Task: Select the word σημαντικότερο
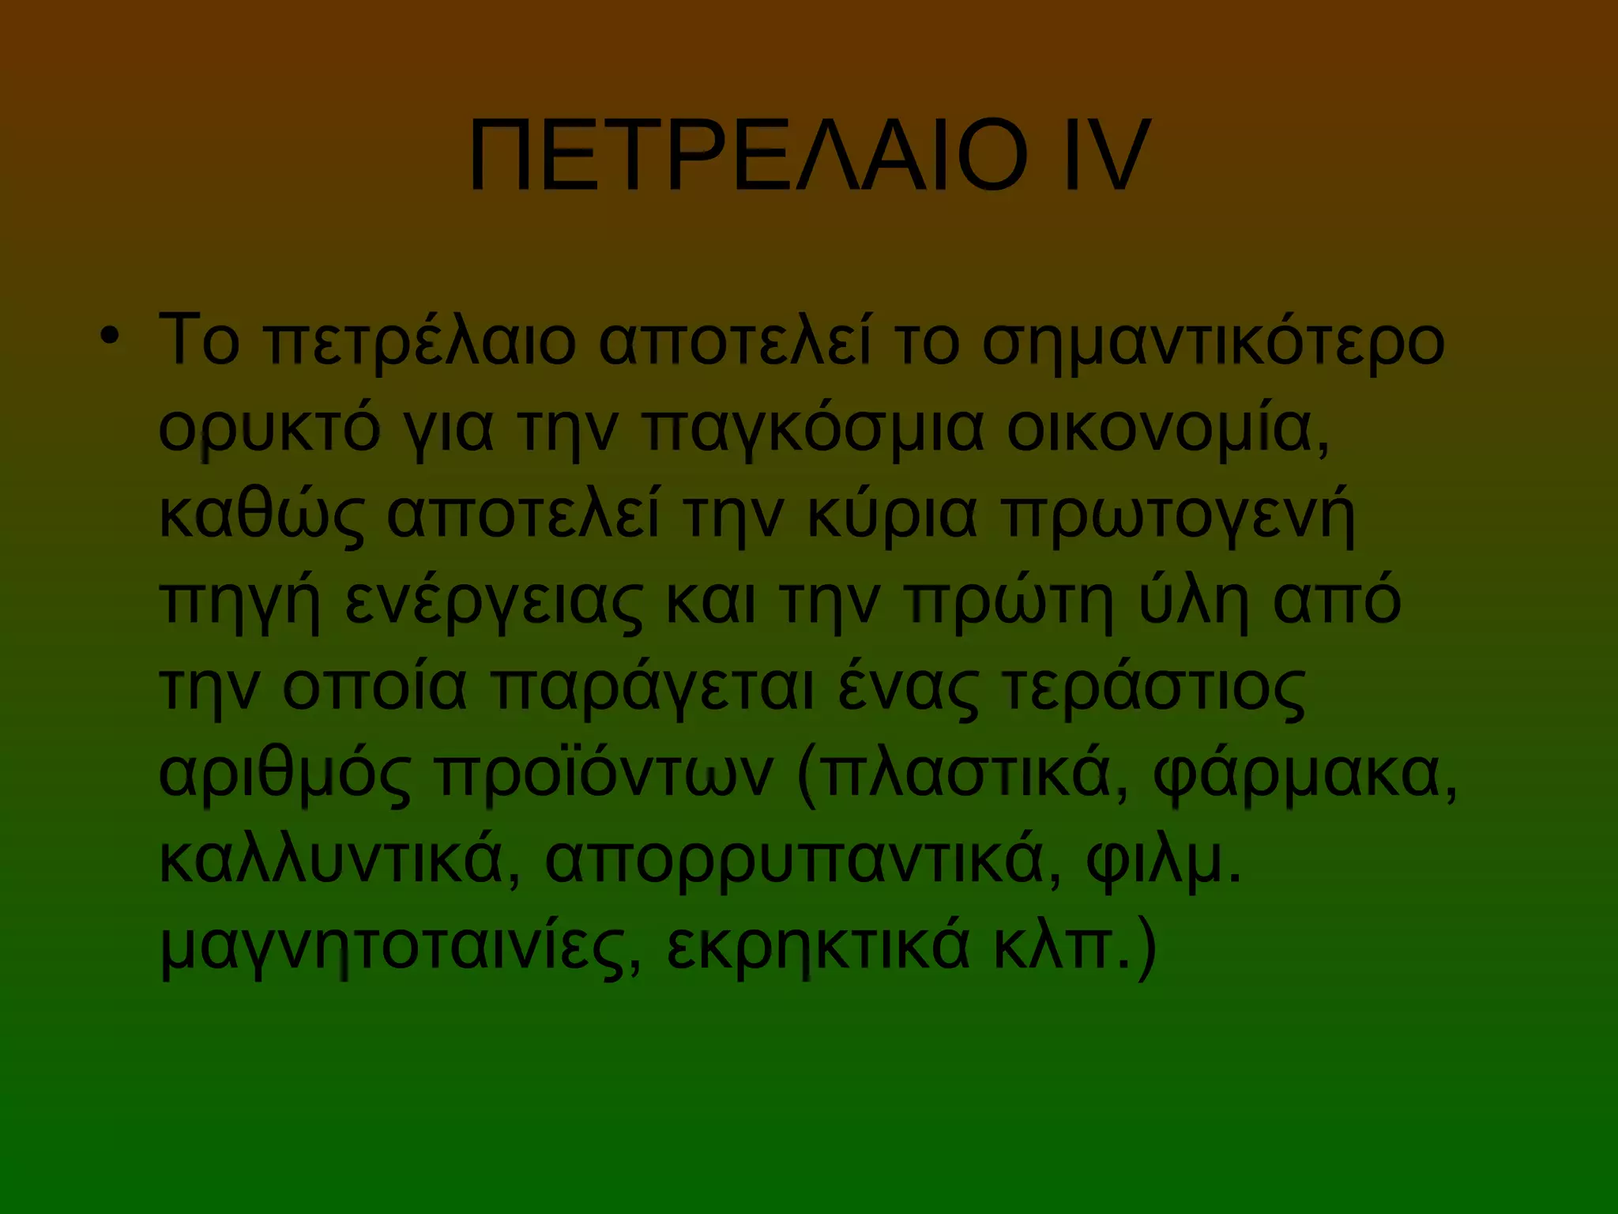click(1213, 344)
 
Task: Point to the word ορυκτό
click(269, 431)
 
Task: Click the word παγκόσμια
click(814, 431)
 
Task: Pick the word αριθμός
click(285, 775)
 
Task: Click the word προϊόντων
click(605, 775)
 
